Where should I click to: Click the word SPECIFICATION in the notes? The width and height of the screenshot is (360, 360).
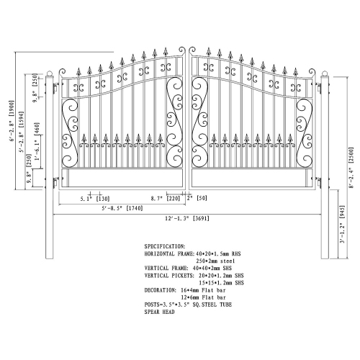(165, 246)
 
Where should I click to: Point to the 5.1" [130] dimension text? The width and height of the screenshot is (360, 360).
(94, 197)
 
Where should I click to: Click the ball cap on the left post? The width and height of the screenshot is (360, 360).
(50, 74)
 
